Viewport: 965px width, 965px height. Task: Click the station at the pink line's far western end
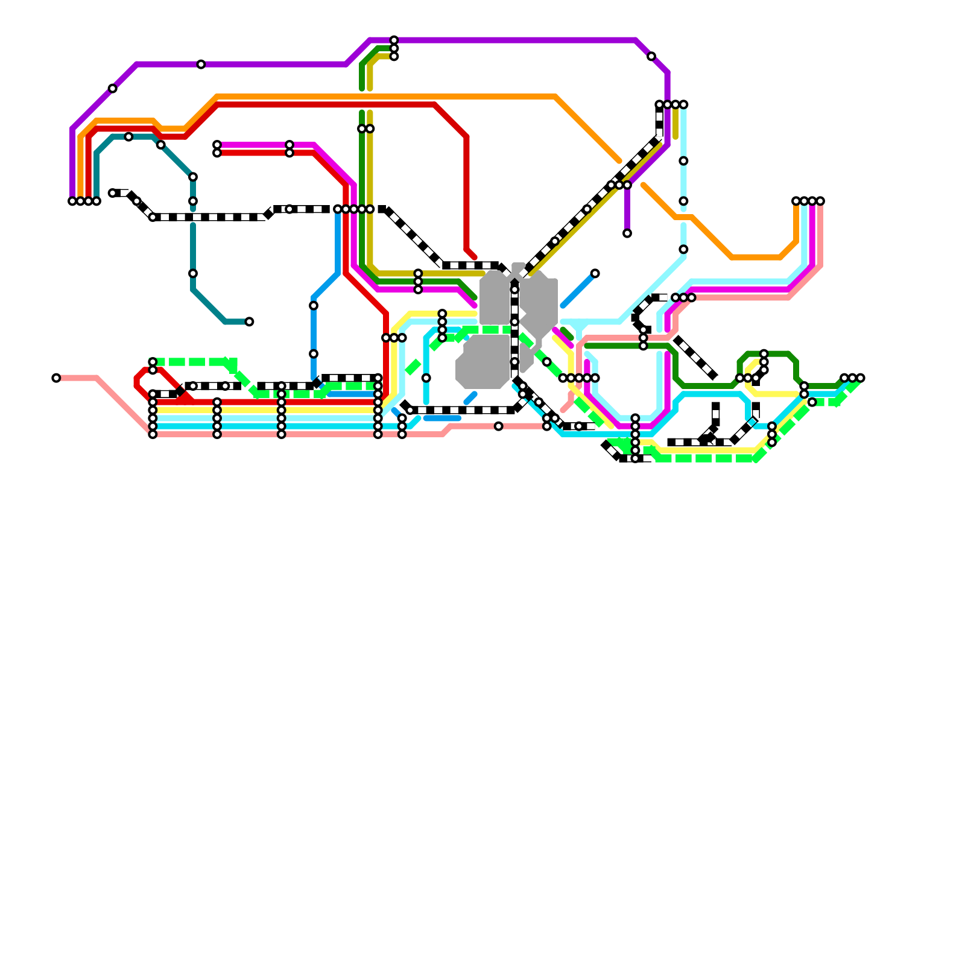56,378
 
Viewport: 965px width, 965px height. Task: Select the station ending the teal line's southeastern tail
249,321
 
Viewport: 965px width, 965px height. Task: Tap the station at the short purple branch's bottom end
627,233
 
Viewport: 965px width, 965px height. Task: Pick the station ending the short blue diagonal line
595,273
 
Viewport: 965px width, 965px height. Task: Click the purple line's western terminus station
72,201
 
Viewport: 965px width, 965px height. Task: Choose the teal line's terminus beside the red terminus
96,201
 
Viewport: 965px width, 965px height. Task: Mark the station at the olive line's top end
394,56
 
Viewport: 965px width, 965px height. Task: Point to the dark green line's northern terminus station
394,48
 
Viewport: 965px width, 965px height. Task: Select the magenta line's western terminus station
217,145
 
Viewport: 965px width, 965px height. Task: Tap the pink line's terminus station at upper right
820,201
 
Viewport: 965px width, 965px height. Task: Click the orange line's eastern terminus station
796,201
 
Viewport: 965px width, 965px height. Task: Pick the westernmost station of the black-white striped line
113,193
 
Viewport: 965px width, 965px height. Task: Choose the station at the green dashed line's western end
153,362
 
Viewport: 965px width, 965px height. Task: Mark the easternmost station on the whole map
861,378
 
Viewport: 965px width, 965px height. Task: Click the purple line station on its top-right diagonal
651,56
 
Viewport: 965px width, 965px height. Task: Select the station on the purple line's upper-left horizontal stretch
201,65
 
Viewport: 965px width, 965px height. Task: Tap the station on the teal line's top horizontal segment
128,137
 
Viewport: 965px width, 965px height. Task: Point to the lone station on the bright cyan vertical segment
426,378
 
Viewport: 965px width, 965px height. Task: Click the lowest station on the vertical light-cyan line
683,249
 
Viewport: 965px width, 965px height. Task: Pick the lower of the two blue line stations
314,354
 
